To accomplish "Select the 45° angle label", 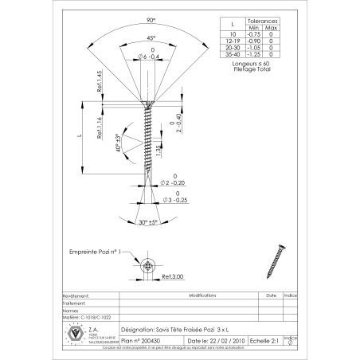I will (148, 37).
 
